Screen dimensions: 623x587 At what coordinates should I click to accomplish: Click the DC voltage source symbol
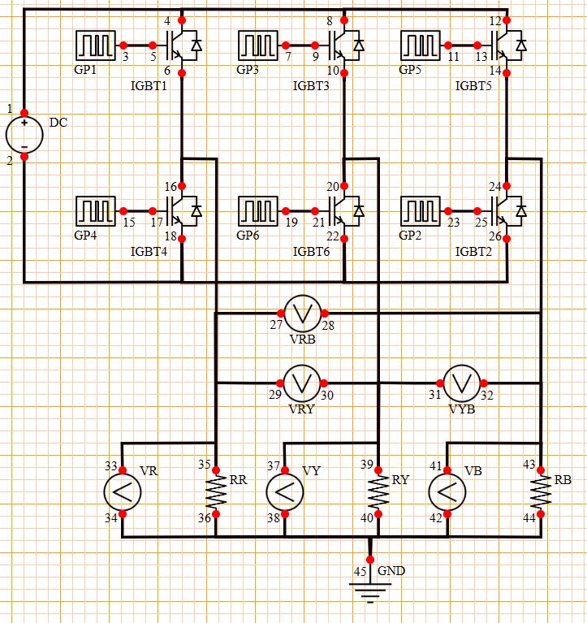coord(24,134)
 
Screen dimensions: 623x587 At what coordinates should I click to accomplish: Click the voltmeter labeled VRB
coord(302,313)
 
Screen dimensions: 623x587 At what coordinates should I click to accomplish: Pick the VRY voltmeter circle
coord(302,381)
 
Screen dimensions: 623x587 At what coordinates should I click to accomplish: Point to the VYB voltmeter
coord(462,381)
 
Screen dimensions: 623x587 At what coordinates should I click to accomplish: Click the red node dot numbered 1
coord(24,113)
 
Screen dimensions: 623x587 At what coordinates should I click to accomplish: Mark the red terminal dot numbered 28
coord(324,313)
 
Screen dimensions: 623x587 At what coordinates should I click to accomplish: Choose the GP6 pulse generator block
coord(258,211)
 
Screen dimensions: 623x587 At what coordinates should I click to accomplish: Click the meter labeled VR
coord(122,492)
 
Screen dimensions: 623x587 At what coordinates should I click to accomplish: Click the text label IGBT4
coord(149,251)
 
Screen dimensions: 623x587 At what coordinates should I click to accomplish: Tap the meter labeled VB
coord(447,492)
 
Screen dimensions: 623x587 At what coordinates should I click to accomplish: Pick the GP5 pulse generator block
coord(421,45)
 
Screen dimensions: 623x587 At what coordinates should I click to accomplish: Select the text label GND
coord(391,571)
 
